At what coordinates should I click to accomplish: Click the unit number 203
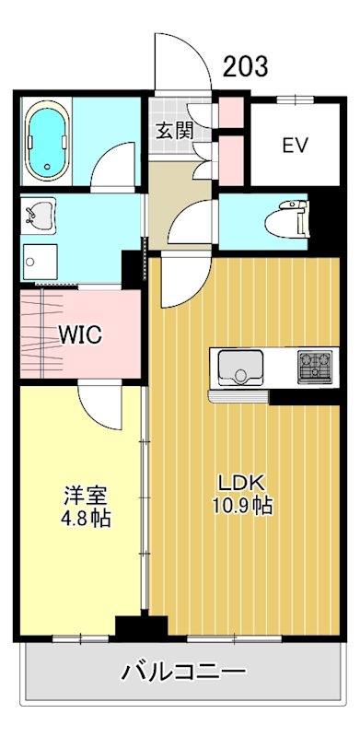point(246,66)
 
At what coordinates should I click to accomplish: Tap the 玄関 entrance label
point(173,130)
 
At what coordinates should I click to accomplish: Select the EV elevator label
point(295,146)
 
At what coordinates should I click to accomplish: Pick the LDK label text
point(240,482)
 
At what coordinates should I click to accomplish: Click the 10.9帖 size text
point(242,506)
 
